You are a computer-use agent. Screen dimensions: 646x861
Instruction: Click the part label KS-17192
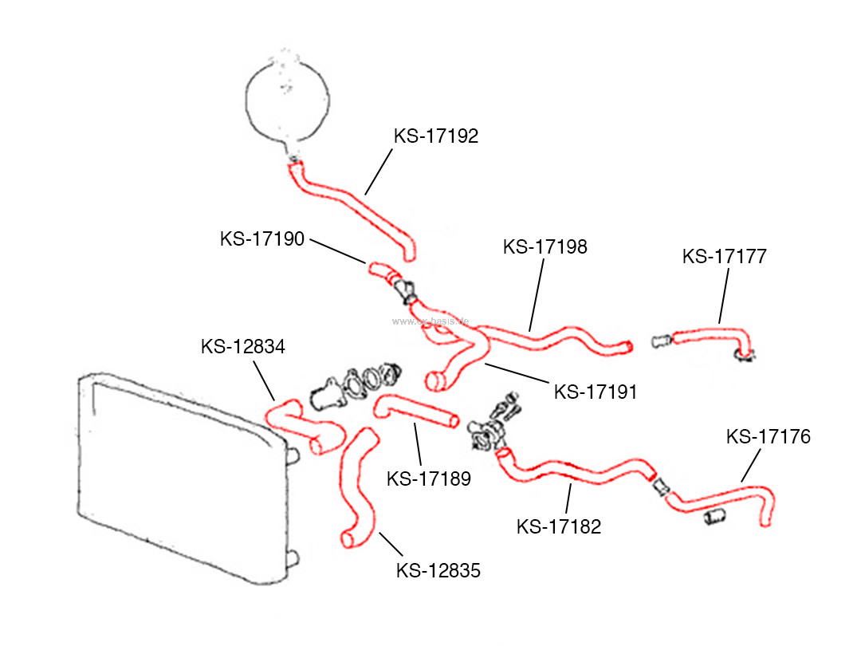[x=435, y=136]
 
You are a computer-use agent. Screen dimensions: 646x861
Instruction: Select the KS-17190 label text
[x=262, y=238]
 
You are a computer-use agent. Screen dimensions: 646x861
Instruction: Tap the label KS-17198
[x=545, y=247]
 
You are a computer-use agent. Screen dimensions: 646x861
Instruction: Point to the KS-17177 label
[x=724, y=257]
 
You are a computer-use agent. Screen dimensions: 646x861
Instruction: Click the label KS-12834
[x=243, y=347]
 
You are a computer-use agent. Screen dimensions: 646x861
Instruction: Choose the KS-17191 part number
[x=596, y=392]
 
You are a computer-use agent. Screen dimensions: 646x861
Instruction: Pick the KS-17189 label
[x=429, y=479]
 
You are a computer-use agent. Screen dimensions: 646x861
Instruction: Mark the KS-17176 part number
[x=768, y=437]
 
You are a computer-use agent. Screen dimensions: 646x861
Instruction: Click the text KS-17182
[x=559, y=527]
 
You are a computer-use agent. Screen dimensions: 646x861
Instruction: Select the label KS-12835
[x=438, y=571]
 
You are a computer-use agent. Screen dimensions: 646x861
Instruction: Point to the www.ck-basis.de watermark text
[x=431, y=322]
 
